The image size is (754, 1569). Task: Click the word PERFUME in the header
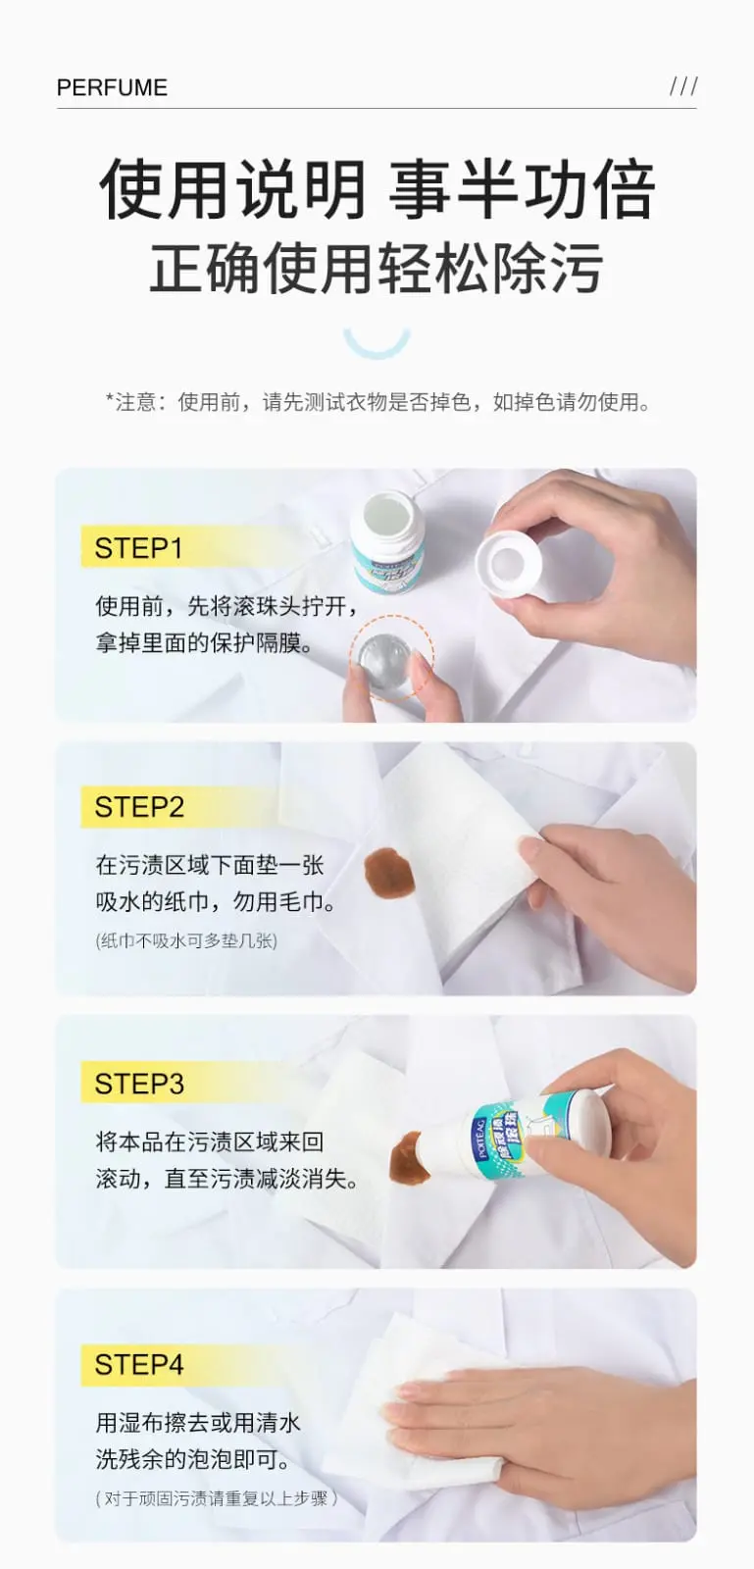tap(112, 87)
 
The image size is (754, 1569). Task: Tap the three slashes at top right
tap(683, 86)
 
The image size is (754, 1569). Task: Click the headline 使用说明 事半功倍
tap(377, 189)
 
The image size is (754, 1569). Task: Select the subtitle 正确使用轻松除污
tap(377, 269)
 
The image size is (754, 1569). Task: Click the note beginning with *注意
tap(377, 402)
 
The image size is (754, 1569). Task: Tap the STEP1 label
tap(138, 548)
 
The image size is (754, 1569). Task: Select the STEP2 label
tap(139, 807)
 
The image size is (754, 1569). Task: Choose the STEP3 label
tap(139, 1084)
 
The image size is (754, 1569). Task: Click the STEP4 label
tap(139, 1364)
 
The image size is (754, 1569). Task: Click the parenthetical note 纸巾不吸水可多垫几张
tap(186, 940)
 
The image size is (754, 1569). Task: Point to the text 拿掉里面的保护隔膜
tap(204, 644)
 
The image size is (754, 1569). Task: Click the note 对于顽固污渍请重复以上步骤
tap(216, 1497)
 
